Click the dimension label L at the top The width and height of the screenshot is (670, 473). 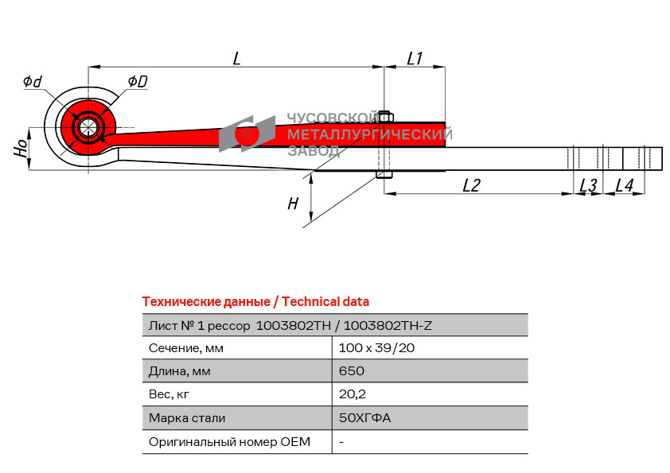(x=236, y=58)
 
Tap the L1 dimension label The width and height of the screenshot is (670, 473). (x=415, y=58)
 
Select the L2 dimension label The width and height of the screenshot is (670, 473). (x=472, y=185)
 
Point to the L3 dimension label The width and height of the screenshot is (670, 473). (x=587, y=185)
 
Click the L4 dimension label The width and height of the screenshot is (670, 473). (x=625, y=185)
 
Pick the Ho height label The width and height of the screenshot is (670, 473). (x=21, y=148)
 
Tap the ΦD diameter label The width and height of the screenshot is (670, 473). (x=137, y=81)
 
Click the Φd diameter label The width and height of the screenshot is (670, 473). (x=33, y=81)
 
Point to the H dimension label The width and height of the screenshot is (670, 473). (x=293, y=204)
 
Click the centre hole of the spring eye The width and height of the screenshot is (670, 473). (x=87, y=127)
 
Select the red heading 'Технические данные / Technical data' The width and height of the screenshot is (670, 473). (x=255, y=301)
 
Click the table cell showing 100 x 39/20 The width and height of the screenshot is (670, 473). (x=376, y=347)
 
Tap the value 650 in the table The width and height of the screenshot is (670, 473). (x=351, y=371)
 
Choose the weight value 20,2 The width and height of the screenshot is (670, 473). (x=353, y=394)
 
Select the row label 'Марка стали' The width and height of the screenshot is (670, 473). (x=187, y=418)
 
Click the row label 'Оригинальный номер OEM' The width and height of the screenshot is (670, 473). (x=229, y=441)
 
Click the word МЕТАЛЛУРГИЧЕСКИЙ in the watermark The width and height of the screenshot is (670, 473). (x=369, y=134)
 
